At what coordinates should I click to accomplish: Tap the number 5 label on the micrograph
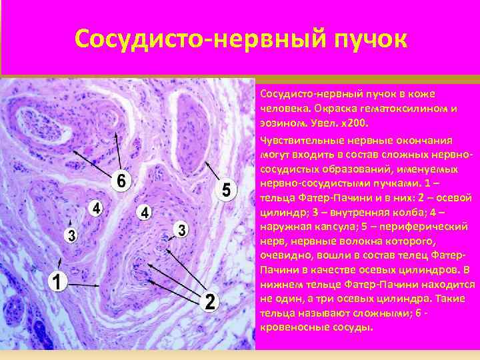tap(226, 190)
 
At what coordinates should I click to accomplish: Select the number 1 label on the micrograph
tap(59, 283)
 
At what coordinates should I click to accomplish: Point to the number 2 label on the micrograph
tap(210, 302)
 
